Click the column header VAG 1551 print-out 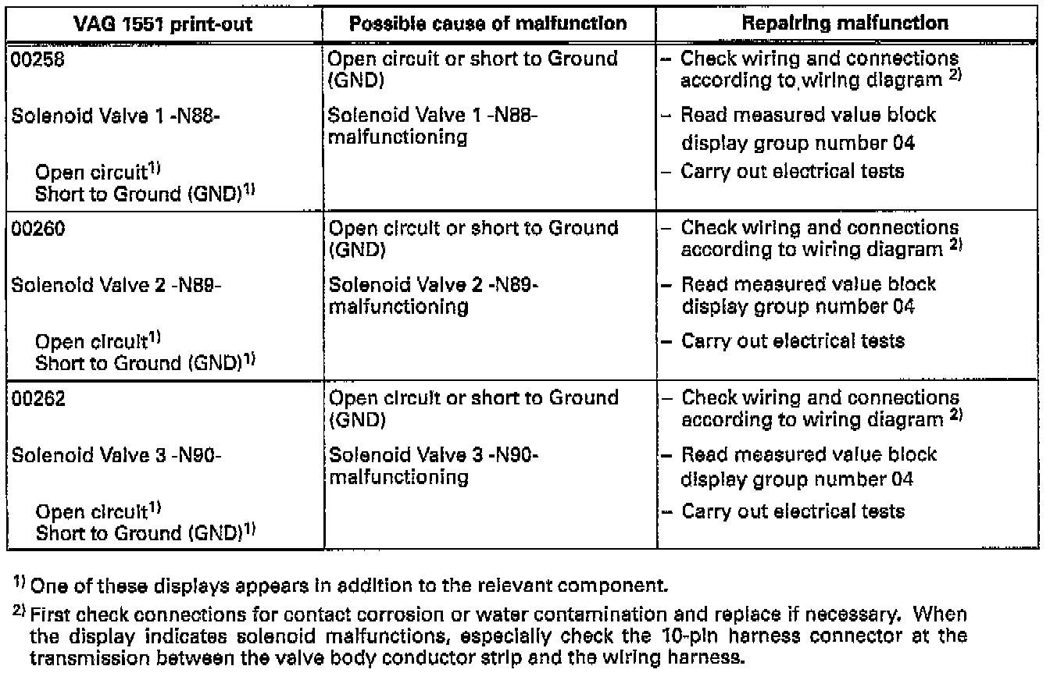[162, 23]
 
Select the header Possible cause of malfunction [488, 23]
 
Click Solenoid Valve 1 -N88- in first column [117, 116]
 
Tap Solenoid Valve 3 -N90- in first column [117, 455]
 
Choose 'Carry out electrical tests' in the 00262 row [792, 511]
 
